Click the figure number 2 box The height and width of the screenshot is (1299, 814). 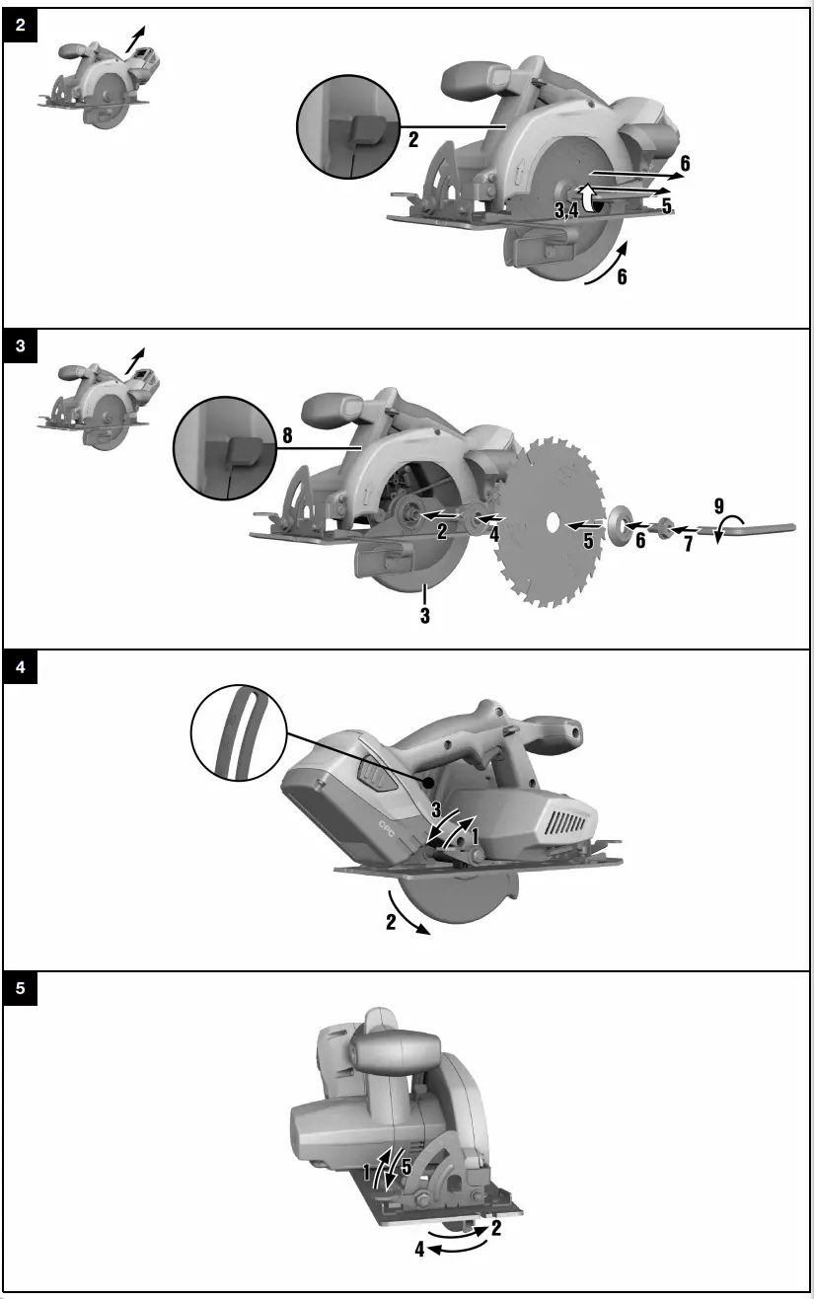click(21, 26)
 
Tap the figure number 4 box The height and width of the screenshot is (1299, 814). click(21, 668)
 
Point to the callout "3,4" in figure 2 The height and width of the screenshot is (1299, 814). click(566, 209)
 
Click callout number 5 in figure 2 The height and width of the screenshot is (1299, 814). click(667, 206)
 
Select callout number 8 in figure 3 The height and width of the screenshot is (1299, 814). click(287, 435)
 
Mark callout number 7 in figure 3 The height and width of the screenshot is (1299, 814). click(688, 543)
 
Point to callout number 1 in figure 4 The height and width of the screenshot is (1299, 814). click(477, 834)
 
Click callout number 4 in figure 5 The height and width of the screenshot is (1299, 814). click(419, 1250)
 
